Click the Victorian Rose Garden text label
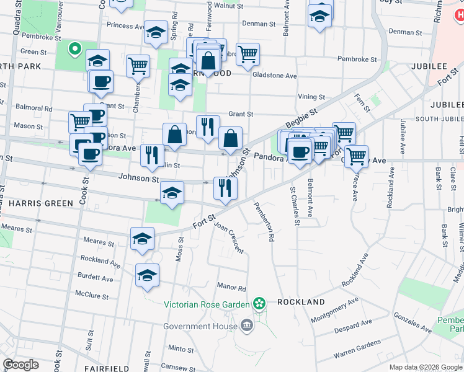[x=207, y=304]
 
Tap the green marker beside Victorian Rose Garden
[x=259, y=304]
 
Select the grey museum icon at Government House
[x=247, y=325]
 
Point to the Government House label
[x=200, y=326]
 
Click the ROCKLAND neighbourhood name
[x=301, y=302]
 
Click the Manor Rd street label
[x=231, y=288]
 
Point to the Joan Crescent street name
[x=228, y=237]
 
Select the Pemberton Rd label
[x=264, y=221]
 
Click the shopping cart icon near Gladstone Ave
[x=248, y=54]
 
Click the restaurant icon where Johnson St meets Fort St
[x=225, y=188]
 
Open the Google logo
[x=20, y=365]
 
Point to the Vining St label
[x=311, y=97]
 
